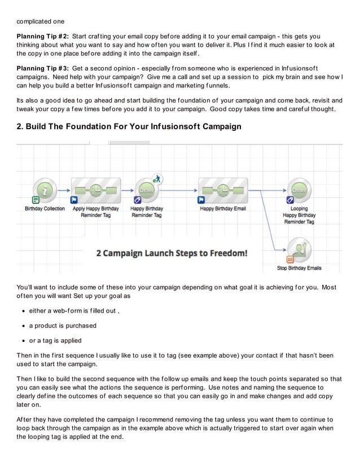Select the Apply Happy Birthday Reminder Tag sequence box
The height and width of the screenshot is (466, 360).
coord(96,188)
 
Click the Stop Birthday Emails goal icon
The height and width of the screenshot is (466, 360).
coord(299,249)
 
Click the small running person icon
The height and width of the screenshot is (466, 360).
coord(159,178)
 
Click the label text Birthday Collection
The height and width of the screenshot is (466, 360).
coord(45,208)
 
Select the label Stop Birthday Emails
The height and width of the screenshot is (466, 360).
coord(299,268)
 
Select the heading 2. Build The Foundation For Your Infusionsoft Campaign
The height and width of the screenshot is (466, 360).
coord(129,126)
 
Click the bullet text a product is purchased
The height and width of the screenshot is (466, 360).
coord(63,326)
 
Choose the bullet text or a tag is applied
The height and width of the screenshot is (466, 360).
coord(55,340)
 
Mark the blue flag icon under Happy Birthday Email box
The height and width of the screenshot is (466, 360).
coord(201,200)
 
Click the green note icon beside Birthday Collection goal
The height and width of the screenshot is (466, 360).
coord(35,200)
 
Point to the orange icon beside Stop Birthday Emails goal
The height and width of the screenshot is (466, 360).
coord(290,259)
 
